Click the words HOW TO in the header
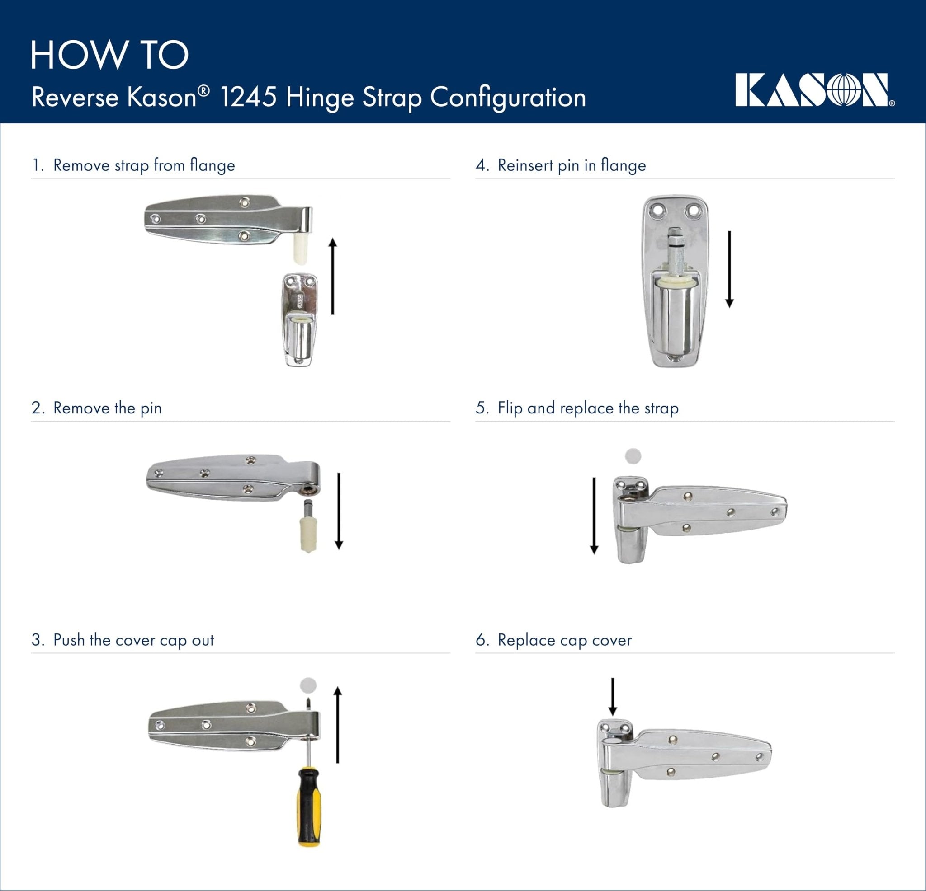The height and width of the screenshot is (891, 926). click(x=109, y=55)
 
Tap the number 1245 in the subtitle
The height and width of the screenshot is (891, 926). click(x=248, y=97)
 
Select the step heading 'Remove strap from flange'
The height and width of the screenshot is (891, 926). click(x=144, y=165)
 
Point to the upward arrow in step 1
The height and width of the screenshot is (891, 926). click(x=333, y=276)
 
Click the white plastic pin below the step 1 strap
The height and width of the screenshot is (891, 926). click(x=300, y=249)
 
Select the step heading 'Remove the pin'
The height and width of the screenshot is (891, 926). click(x=107, y=408)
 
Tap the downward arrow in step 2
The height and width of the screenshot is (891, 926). click(x=339, y=511)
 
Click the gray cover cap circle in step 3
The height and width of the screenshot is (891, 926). click(x=308, y=685)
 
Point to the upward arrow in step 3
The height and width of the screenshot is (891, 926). click(x=337, y=725)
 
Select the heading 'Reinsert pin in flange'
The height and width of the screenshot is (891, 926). click(x=572, y=165)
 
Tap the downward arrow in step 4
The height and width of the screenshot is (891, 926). click(x=729, y=269)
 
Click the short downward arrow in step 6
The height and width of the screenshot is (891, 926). click(x=612, y=696)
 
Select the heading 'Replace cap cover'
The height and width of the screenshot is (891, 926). click(x=564, y=640)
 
